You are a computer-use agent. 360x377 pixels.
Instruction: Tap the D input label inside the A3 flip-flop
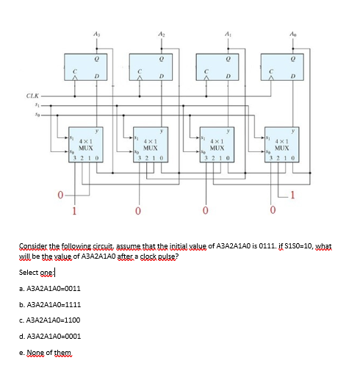point(96,75)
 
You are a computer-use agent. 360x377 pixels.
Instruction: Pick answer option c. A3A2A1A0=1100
point(49,320)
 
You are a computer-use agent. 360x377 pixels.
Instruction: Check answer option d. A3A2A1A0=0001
point(49,335)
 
